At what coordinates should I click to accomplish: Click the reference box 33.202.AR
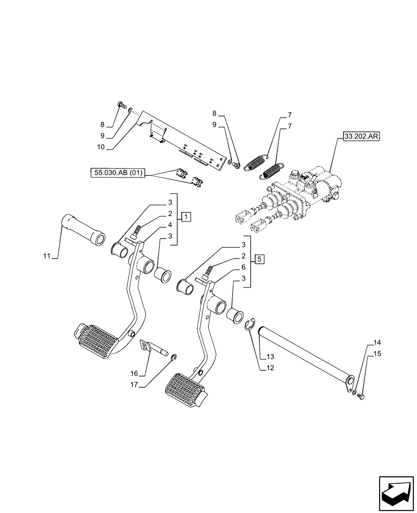(x=358, y=137)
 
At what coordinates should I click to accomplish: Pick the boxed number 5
(x=260, y=259)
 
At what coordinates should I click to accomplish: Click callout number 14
(x=377, y=342)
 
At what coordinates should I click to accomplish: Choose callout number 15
(x=377, y=353)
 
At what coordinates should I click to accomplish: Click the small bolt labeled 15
(x=361, y=397)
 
